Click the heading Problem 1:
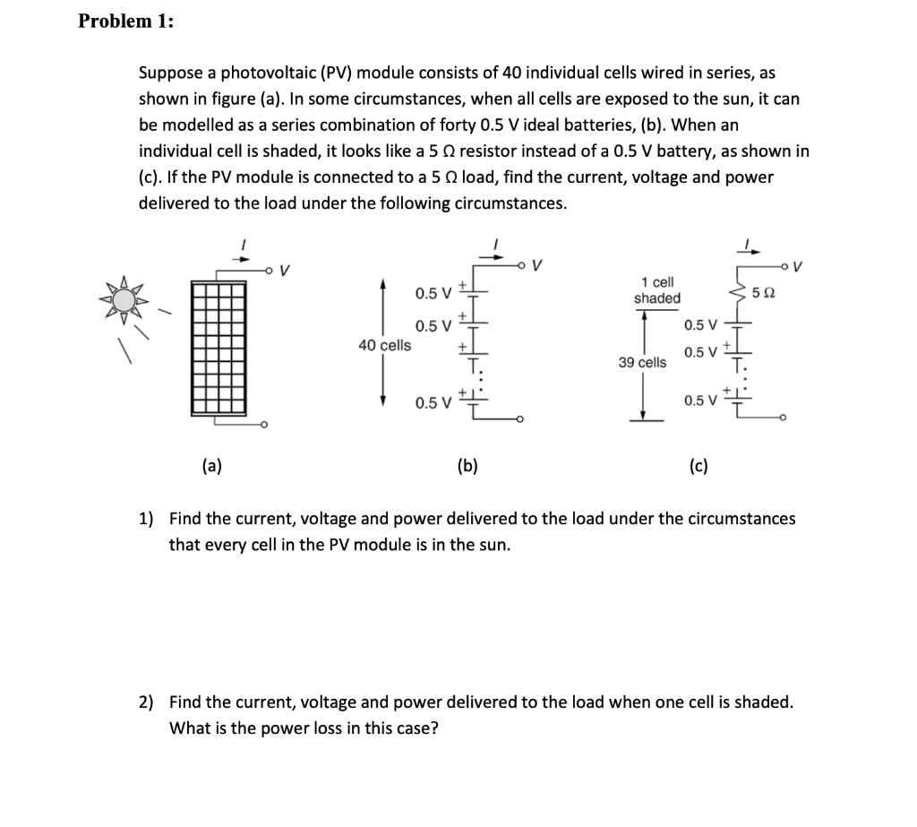(125, 22)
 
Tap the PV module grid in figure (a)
(218, 344)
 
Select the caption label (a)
(212, 464)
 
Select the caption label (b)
(467, 464)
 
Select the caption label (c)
(698, 464)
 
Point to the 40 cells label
(385, 345)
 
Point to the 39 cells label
(642, 362)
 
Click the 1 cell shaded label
(657, 290)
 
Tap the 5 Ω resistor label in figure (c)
(764, 292)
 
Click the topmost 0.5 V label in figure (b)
(434, 293)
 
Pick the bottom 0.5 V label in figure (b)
(434, 402)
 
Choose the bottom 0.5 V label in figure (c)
(700, 400)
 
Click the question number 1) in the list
(144, 519)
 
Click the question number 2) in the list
(144, 702)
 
